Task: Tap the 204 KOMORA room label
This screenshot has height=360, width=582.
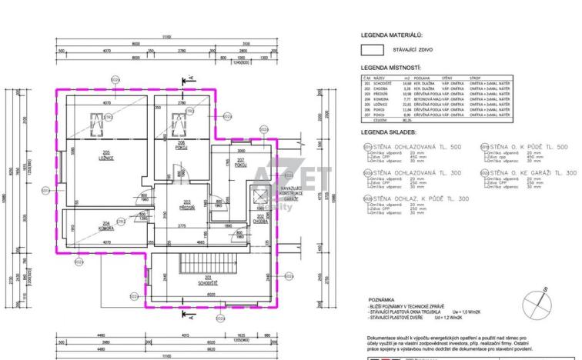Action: (107, 227)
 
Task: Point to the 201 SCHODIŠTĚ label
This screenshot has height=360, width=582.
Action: (206, 282)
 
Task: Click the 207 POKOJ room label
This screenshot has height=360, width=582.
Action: (240, 164)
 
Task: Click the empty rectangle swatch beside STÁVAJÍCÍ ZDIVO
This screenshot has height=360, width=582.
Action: (373, 51)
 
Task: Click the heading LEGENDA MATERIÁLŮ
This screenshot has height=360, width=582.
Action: (391, 35)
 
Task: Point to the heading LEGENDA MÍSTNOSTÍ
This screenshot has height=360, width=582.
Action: (391, 68)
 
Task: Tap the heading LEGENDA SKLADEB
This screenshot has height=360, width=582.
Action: (389, 132)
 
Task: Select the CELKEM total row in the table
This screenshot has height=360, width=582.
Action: (380, 120)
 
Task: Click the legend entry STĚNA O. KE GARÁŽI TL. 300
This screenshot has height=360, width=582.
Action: (528, 174)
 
